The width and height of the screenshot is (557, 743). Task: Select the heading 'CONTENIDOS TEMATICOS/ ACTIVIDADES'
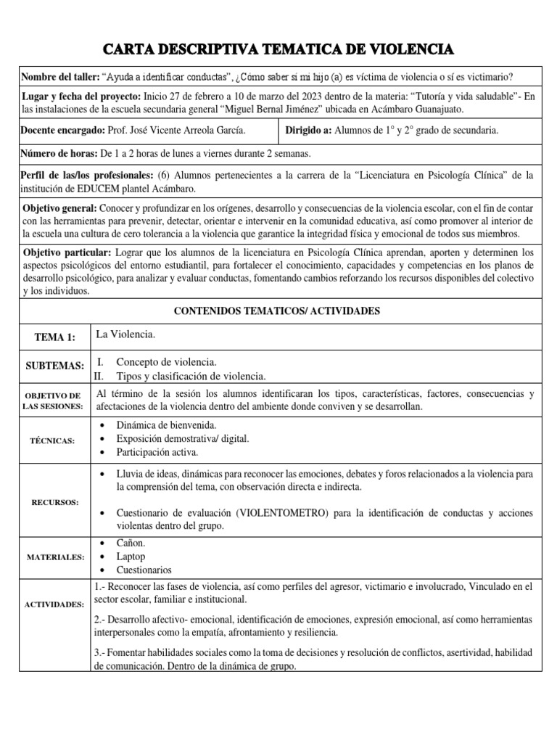pos(278,311)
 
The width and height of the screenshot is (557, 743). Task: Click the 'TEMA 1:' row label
pos(54,337)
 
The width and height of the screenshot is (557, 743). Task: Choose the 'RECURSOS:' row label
pos(52,501)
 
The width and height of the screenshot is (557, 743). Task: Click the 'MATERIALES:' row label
pos(52,557)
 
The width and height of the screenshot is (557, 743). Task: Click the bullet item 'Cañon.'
pos(131,543)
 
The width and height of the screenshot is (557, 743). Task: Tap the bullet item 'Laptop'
pos(131,557)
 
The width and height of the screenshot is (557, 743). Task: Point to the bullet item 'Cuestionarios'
pos(144,570)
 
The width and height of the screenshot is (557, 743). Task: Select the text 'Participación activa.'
pos(157,452)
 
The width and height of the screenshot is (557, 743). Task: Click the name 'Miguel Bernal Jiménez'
pos(308,109)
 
